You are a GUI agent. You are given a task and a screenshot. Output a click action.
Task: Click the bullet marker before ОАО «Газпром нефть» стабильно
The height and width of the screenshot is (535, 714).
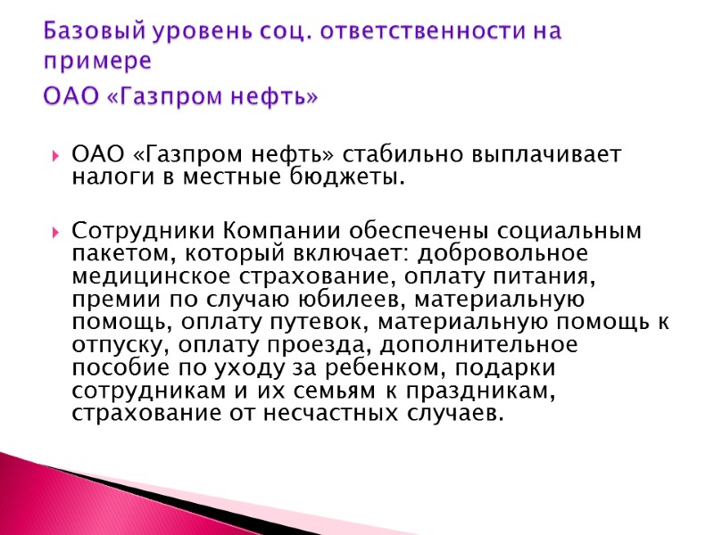point(56,153)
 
